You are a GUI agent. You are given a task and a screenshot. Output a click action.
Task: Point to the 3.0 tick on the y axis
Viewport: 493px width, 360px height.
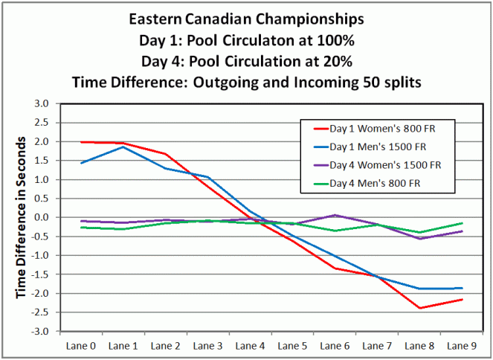[43, 103]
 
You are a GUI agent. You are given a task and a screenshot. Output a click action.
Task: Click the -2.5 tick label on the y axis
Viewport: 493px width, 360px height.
[42, 312]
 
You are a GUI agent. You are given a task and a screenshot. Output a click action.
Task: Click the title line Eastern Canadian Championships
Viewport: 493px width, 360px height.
[246, 19]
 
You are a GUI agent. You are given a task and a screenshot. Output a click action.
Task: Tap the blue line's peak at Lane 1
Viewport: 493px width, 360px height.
[123, 147]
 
